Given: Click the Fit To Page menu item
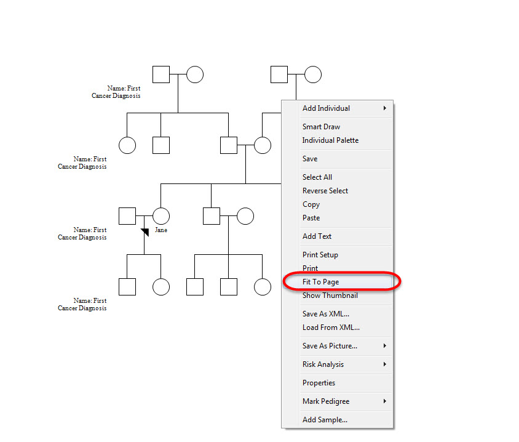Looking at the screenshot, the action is tap(320, 282).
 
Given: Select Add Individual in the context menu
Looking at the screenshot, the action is tap(326, 108).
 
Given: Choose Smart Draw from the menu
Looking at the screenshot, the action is tap(321, 127).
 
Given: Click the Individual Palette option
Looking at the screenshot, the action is tap(330, 140).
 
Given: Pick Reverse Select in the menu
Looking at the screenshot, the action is tap(325, 191).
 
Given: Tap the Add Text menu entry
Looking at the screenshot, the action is tap(317, 236).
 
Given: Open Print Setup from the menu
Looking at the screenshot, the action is tap(320, 255).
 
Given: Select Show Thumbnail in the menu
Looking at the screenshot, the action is tap(330, 295).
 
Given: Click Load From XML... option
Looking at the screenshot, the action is tap(331, 327).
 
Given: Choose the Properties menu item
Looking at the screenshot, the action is tap(319, 383).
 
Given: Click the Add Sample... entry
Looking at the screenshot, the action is tap(325, 420).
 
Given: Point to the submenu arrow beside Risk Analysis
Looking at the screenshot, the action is tap(384, 364).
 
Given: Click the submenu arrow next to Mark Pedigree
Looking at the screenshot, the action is tap(384, 401).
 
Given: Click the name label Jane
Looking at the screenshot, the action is tap(161, 230).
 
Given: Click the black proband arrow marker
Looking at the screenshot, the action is tap(145, 232).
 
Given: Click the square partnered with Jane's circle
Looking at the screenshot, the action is tap(127, 216).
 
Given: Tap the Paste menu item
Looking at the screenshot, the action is tap(311, 218).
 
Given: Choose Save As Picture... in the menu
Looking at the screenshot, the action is tap(330, 346).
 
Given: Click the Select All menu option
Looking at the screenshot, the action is tap(317, 177).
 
